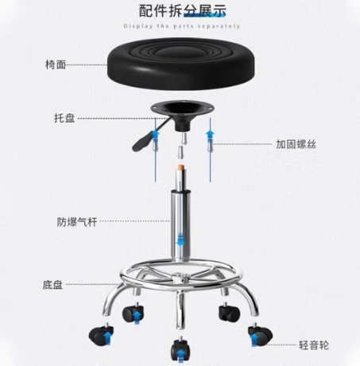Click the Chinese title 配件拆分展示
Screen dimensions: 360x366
183,11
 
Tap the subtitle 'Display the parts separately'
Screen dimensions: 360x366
182,26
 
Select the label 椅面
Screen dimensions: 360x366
56,64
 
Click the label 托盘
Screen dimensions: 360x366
64,118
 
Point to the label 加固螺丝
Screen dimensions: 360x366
296,144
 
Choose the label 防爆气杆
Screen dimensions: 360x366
77,222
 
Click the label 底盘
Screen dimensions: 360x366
52,285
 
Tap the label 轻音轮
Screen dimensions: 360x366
314,345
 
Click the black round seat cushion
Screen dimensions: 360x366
180,63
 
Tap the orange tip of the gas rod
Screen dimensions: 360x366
181,167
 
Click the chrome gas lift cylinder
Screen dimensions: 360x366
180,223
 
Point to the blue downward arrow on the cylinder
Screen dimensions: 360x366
180,239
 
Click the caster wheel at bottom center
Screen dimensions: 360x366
180,349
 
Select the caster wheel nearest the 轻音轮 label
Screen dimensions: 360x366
260,335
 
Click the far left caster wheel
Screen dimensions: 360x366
101,334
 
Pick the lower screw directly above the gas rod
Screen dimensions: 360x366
180,153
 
